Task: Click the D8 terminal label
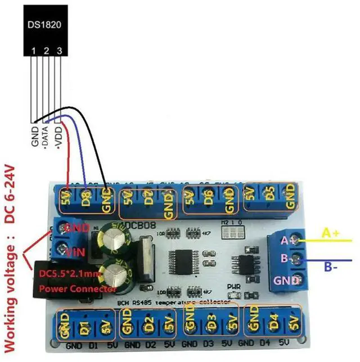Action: [85, 198]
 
